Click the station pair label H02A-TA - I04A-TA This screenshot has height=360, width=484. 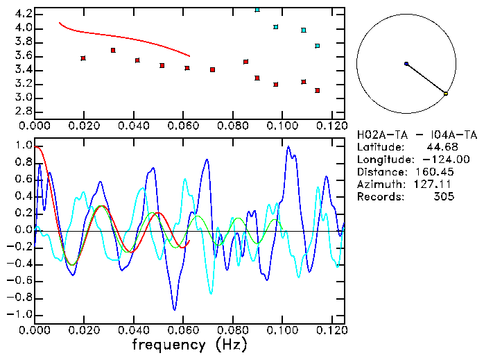417,135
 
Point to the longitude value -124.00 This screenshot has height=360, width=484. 437,160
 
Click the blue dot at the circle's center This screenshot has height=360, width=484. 406,64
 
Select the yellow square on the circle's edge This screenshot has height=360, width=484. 446,93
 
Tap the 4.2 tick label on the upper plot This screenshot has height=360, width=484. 22,14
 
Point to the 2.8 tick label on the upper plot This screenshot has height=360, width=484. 22,112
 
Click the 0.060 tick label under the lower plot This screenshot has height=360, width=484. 183,329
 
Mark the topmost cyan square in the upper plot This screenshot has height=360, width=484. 257,10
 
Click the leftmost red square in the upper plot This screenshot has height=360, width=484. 83,58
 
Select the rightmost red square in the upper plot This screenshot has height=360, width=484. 318,91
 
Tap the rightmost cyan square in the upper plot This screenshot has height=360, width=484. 318,46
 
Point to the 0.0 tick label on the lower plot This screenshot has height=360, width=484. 22,230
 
